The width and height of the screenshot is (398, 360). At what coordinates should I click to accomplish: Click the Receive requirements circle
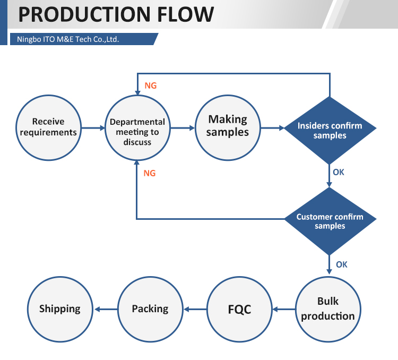click(48, 127)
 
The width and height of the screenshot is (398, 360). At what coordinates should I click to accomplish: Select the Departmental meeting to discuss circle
click(137, 127)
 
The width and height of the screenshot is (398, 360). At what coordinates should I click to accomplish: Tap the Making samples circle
click(228, 127)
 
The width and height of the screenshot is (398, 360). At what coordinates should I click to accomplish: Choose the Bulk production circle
click(328, 308)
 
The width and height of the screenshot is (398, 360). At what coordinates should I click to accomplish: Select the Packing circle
click(150, 309)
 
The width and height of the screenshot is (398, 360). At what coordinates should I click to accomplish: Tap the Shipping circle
click(60, 309)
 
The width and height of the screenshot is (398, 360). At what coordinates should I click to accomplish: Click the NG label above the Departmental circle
click(151, 85)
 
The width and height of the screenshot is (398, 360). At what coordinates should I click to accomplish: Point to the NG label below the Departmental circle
click(150, 173)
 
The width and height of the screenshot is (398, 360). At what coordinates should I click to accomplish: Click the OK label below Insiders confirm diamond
click(339, 172)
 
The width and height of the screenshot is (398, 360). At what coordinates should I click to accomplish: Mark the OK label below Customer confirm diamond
click(341, 264)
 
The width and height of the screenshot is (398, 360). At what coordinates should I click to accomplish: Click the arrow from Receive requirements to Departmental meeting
click(93, 128)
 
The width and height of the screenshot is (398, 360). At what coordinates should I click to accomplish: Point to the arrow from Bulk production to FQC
click(283, 309)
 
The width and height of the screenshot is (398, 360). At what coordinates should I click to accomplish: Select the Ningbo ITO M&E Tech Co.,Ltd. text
click(68, 39)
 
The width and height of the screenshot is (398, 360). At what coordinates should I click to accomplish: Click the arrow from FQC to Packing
click(194, 309)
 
